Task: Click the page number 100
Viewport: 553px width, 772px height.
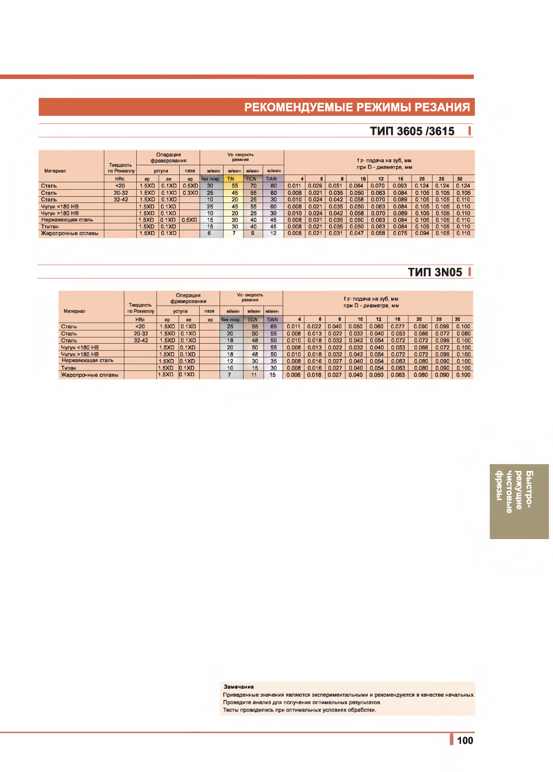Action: (465, 740)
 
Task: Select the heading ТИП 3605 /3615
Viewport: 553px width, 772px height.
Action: (412, 131)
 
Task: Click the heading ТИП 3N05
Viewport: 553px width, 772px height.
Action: (435, 272)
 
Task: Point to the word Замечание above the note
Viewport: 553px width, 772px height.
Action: (239, 686)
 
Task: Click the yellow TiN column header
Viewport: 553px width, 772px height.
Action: (231, 179)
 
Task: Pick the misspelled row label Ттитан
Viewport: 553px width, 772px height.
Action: (50, 227)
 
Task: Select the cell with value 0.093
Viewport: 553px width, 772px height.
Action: (400, 186)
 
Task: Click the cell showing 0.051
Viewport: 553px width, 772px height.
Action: (335, 186)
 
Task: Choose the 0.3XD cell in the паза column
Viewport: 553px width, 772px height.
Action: (190, 193)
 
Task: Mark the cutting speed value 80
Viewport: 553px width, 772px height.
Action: (273, 186)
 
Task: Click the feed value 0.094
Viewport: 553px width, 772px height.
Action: (422, 233)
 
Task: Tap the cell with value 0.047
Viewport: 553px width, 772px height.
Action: (356, 233)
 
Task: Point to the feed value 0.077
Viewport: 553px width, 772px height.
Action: (398, 327)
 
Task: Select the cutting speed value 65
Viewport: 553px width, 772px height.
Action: (273, 327)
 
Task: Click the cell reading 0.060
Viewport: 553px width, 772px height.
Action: (376, 327)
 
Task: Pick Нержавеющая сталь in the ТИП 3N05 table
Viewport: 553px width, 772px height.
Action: (88, 360)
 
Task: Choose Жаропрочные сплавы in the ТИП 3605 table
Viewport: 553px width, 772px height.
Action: (70, 233)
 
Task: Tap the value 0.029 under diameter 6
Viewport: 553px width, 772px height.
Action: (315, 186)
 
